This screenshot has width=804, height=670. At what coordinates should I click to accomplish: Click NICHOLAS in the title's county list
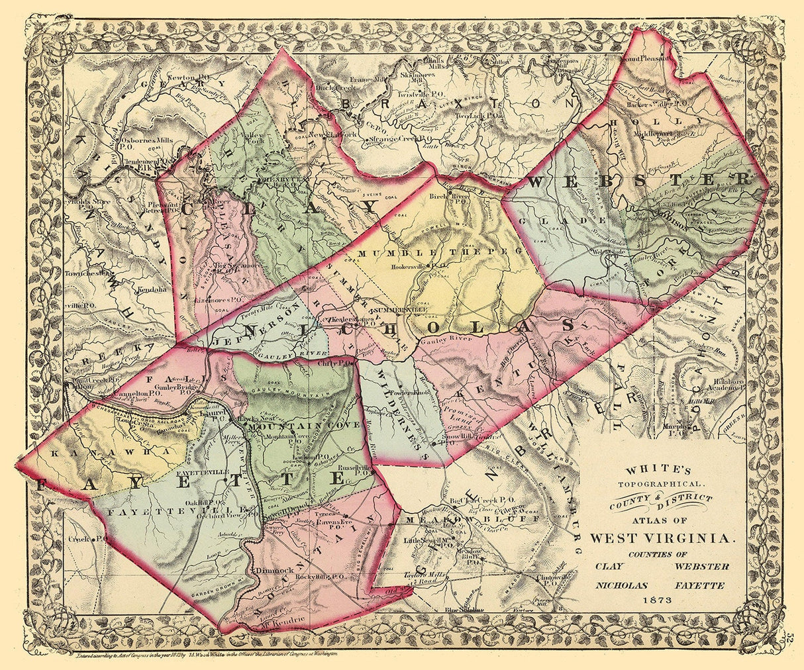(622, 585)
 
